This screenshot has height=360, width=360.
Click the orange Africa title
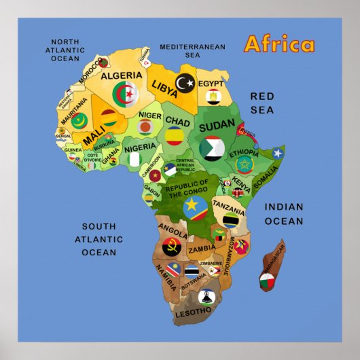279,44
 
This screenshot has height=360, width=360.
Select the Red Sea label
262,103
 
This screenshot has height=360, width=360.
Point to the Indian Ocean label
284,214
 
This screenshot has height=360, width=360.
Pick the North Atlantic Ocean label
65,50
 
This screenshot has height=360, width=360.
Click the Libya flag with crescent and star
185,83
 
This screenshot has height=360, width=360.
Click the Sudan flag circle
213,147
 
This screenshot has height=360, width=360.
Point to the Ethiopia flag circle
243,164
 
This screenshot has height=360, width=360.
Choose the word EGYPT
211,84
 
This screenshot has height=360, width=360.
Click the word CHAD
177,120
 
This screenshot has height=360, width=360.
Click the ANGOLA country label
173,228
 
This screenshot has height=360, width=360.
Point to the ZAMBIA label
202,249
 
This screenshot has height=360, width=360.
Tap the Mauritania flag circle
79,122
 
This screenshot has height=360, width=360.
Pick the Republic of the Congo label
186,188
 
